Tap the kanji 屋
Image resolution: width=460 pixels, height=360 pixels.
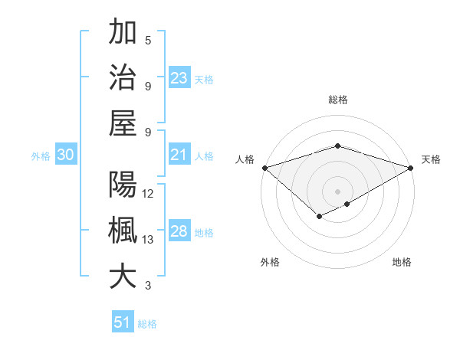tap(123, 123)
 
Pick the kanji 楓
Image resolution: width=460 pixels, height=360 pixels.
tap(123, 231)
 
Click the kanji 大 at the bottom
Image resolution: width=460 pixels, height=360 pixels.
tap(123, 277)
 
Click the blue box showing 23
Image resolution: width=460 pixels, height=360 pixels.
tap(179, 77)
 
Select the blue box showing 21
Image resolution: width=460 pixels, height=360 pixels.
tap(179, 155)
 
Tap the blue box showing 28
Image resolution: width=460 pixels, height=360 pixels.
tap(179, 231)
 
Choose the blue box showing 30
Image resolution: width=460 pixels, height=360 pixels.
tap(66, 155)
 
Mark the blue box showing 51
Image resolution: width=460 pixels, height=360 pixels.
tap(123, 322)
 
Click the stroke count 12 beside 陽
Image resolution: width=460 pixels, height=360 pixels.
tap(148, 194)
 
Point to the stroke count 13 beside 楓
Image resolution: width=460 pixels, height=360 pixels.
tap(148, 240)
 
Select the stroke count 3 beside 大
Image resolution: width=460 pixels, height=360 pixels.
tap(148, 286)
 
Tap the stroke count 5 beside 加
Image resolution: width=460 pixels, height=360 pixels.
tap(148, 41)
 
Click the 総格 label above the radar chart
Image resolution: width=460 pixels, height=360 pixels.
tap(337, 100)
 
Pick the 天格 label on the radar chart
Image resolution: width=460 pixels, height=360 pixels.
tap(432, 159)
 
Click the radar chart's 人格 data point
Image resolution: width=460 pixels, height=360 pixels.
tap(264, 168)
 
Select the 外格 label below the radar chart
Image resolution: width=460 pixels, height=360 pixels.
tap(270, 263)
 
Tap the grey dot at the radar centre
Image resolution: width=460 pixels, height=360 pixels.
tap(337, 191)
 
